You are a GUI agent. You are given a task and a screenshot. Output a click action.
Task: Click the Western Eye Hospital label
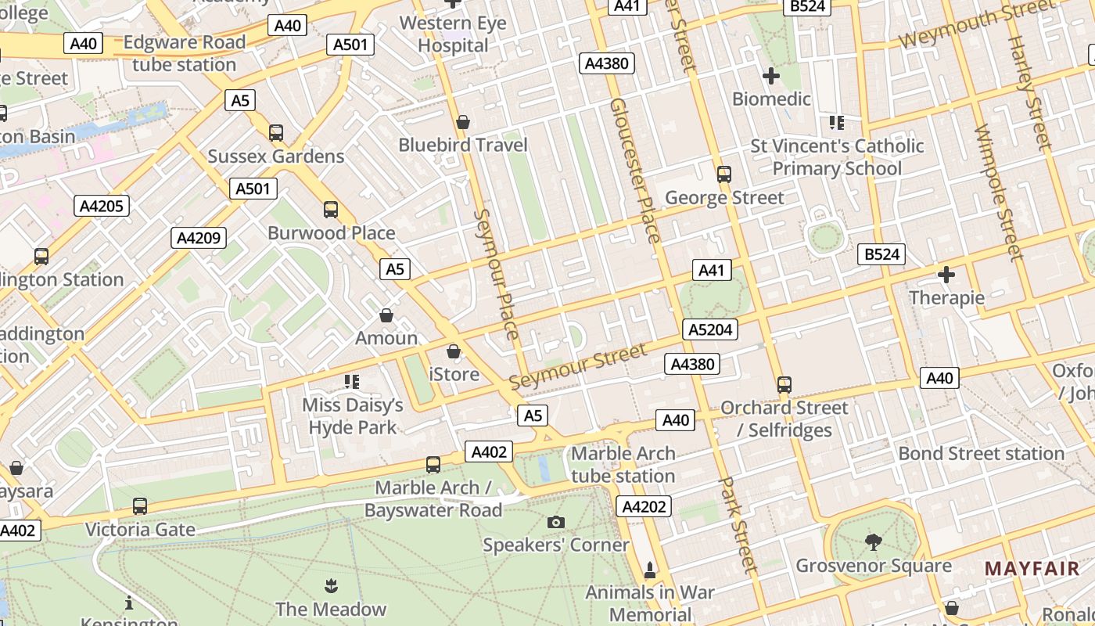(x=453, y=34)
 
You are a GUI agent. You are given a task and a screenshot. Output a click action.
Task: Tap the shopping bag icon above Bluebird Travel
(x=463, y=122)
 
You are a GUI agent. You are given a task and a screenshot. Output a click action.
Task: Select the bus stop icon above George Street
(x=724, y=174)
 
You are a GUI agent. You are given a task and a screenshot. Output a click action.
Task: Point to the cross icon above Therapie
(x=946, y=275)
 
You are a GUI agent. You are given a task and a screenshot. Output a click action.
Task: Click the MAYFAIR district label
(x=1032, y=569)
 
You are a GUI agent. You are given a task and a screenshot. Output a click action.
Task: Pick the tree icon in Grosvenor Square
(x=874, y=541)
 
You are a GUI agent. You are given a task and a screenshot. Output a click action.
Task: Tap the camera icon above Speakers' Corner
(x=556, y=522)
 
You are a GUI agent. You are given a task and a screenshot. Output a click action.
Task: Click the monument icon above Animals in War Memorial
(x=649, y=569)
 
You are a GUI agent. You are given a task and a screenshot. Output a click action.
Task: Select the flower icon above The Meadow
(x=331, y=585)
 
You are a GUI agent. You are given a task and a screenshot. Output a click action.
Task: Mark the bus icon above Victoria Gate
(x=140, y=506)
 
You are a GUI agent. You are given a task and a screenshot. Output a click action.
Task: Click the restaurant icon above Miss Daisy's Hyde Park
(x=352, y=382)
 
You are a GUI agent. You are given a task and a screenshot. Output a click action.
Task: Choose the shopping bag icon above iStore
(x=454, y=351)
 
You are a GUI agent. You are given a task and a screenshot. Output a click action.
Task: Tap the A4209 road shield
(x=199, y=238)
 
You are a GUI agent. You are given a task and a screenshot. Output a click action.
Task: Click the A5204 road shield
(x=710, y=329)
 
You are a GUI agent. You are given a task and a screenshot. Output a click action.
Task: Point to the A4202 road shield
(x=644, y=506)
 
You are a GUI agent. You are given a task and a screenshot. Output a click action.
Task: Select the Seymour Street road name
(x=578, y=366)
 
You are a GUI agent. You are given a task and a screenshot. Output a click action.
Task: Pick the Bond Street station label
(x=981, y=454)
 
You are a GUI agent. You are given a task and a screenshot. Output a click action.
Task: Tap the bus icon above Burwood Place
(x=331, y=210)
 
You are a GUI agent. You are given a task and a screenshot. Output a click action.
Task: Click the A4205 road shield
(x=102, y=206)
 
